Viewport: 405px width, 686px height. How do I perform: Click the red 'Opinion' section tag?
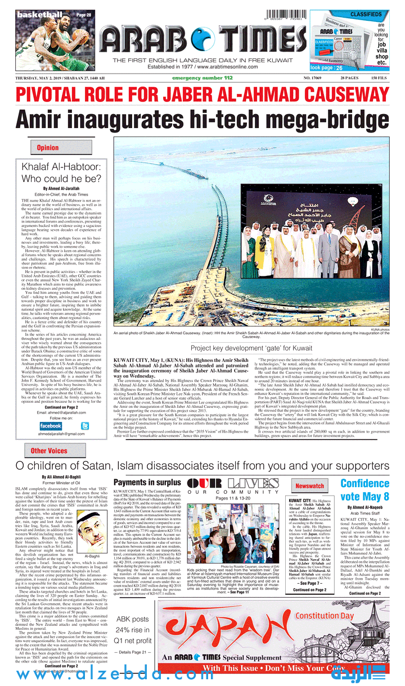[47, 148]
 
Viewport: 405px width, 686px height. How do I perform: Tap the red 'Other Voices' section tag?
[49, 451]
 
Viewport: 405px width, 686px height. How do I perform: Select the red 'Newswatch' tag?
[310, 485]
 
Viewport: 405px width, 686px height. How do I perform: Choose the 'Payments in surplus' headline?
[147, 482]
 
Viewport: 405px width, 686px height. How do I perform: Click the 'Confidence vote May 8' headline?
[364, 489]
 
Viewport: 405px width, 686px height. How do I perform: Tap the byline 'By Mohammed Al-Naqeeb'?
[364, 507]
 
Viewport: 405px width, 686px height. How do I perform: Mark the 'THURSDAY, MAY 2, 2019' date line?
[43, 78]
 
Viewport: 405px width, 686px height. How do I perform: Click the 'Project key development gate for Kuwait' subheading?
[250, 348]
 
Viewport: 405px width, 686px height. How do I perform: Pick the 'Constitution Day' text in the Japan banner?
[325, 616]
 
